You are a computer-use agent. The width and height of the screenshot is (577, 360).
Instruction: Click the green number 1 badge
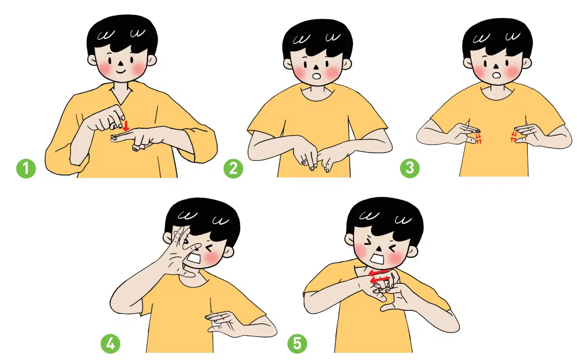pos(26,168)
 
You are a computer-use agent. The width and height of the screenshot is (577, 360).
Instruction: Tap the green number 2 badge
pos(234,168)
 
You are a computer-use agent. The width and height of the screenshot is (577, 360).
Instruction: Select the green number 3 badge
pos(410,168)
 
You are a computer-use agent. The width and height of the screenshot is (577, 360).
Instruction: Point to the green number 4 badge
pos(111,344)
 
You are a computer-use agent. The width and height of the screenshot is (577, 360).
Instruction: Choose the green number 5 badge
pos(297,344)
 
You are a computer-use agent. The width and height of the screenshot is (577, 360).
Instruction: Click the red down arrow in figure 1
pos(126,126)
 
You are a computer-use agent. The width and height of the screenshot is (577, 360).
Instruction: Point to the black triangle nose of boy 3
pos(496,66)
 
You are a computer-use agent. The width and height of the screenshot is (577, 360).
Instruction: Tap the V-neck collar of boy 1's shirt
pos(122,95)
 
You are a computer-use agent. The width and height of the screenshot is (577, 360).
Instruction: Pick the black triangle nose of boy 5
pos(379,248)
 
